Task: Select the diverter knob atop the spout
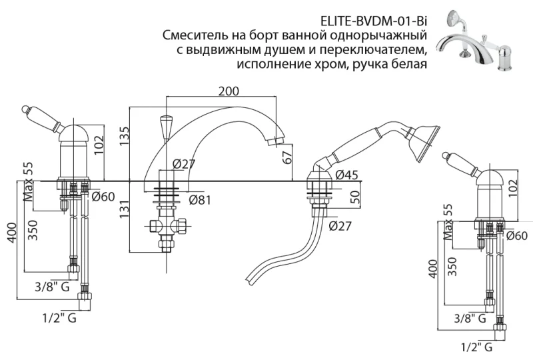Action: click(166, 125)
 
